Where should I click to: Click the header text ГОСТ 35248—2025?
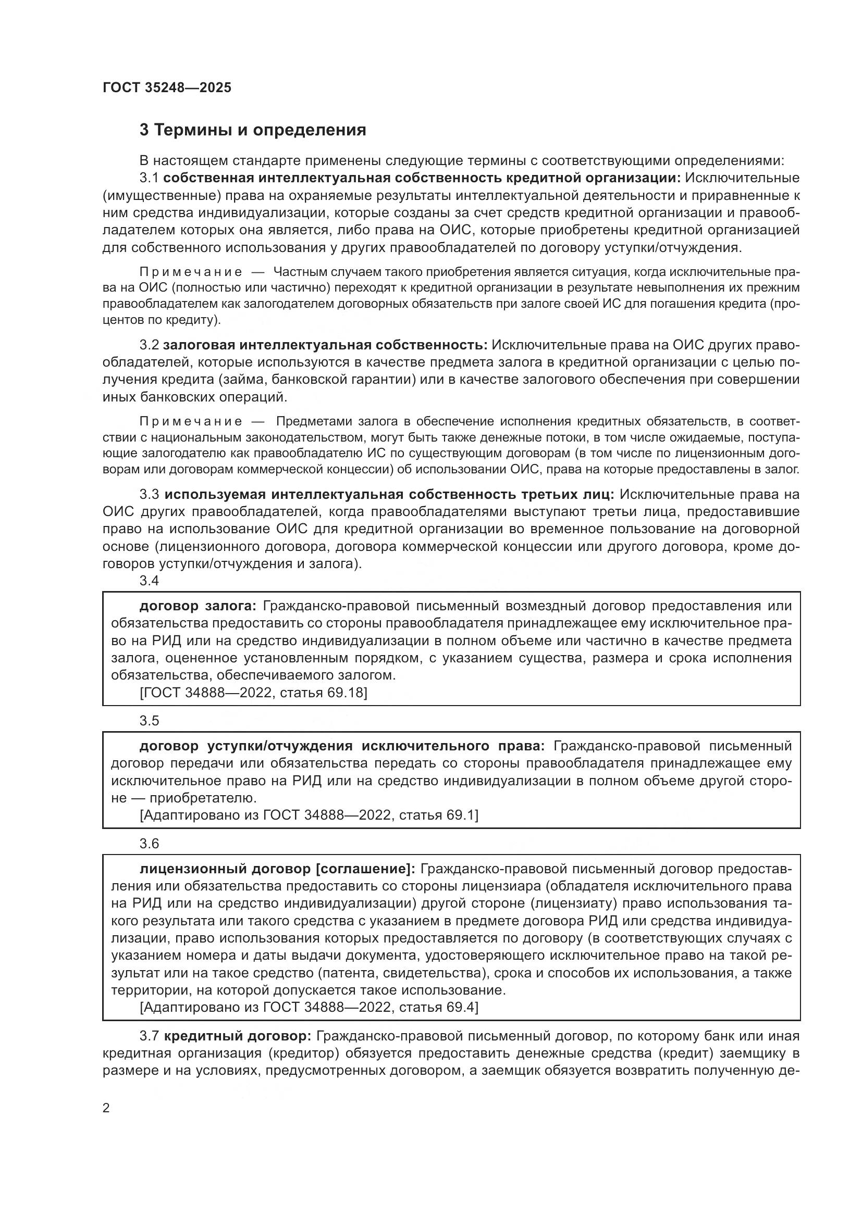(x=167, y=88)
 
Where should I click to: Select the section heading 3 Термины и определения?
(x=253, y=130)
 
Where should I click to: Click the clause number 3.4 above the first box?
(x=149, y=581)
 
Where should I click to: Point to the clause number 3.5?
(x=149, y=721)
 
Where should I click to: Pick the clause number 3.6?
(x=149, y=844)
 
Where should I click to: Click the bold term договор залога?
(x=198, y=606)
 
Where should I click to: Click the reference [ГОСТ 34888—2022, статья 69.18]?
(x=253, y=693)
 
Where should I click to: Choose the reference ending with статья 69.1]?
(x=309, y=815)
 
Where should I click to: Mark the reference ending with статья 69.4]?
(x=309, y=1008)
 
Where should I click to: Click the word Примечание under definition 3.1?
(x=191, y=273)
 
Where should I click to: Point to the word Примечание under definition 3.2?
(x=191, y=422)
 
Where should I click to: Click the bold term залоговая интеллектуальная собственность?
(x=325, y=345)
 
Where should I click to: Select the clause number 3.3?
(x=149, y=495)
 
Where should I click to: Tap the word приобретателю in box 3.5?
(x=203, y=798)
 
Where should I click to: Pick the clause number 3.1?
(x=149, y=178)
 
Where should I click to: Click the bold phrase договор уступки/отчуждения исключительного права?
(x=342, y=746)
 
